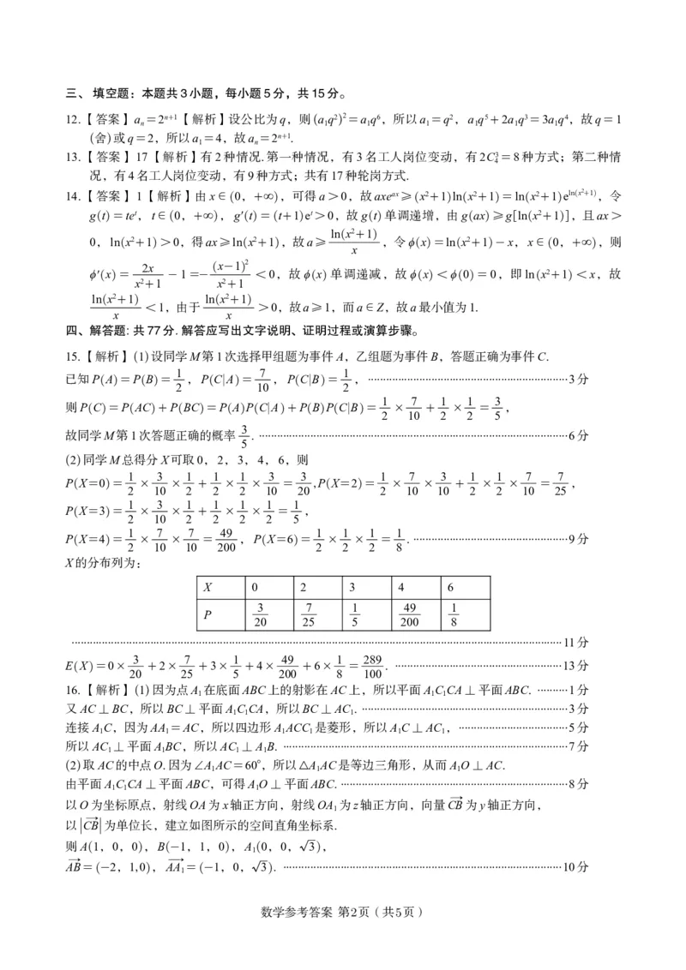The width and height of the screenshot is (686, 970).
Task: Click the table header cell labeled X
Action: (208, 589)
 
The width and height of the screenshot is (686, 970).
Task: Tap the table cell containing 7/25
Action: (310, 615)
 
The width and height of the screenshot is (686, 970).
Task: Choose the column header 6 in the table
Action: (452, 589)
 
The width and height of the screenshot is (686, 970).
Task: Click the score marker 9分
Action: (581, 539)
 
